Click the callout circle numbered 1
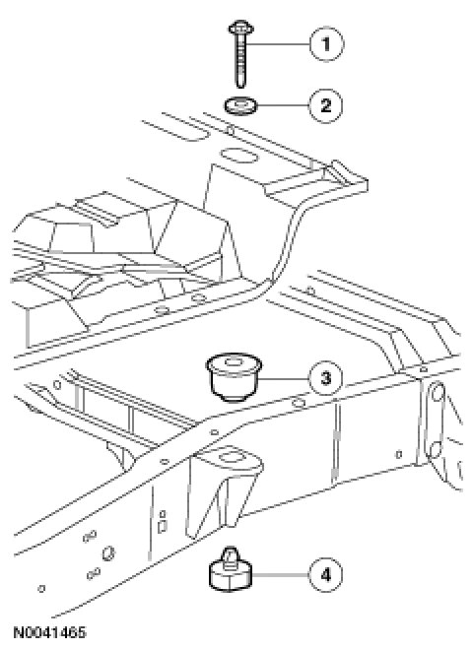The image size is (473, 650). (x=326, y=44)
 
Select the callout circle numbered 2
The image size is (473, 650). (x=326, y=105)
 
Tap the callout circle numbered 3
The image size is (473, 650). (x=326, y=378)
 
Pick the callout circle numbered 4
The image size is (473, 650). (x=326, y=575)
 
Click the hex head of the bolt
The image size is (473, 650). (x=241, y=29)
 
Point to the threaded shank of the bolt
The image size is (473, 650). (x=241, y=61)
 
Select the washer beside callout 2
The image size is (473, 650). (x=240, y=105)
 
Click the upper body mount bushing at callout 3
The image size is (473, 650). (x=235, y=376)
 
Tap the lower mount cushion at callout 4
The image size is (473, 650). (x=232, y=570)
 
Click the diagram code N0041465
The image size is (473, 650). (x=50, y=632)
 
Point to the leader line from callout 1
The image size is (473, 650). (x=278, y=44)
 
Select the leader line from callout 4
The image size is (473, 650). (x=281, y=575)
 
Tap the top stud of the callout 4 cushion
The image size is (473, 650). (x=230, y=557)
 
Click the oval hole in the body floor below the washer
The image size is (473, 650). (x=238, y=156)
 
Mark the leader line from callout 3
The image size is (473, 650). (x=286, y=378)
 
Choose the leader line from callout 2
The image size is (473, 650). (x=283, y=105)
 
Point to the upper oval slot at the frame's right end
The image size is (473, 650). (x=437, y=392)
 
